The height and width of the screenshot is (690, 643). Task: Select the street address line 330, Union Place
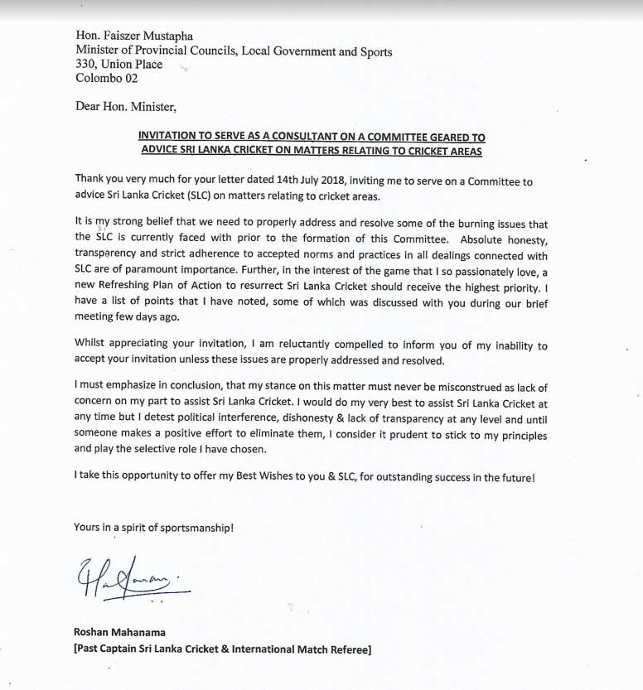[x=118, y=65]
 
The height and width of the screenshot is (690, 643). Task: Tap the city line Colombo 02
[x=106, y=79]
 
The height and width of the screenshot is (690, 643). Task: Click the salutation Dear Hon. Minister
[x=125, y=106]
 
